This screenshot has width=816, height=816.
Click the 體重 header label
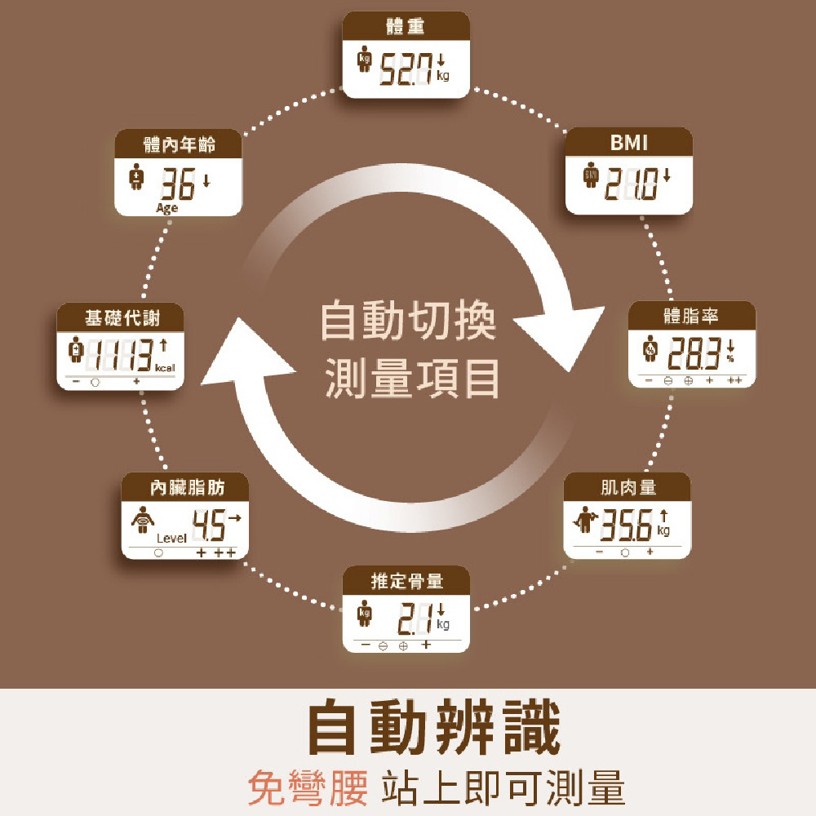(406, 28)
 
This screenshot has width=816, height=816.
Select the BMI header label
(628, 144)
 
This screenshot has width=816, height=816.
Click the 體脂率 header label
(691, 316)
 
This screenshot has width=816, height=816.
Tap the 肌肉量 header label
(628, 488)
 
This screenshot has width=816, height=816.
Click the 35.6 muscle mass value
(627, 527)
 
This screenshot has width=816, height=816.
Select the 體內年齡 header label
(179, 145)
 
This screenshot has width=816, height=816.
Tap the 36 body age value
(177, 186)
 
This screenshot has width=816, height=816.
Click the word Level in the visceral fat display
(171, 539)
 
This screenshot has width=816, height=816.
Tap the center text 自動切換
(407, 321)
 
